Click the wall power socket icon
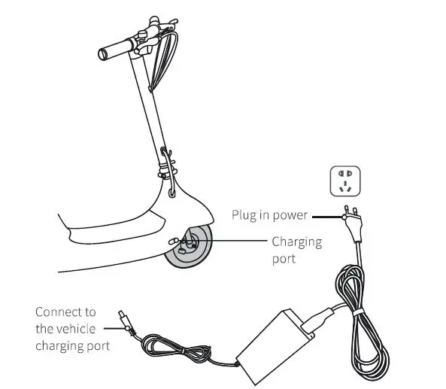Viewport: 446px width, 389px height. pos(345,181)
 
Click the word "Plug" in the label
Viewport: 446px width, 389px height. pos(244,215)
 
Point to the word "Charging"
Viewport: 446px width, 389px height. pos(297,242)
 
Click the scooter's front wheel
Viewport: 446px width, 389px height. pos(189,246)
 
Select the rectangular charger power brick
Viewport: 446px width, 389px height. pos(275,347)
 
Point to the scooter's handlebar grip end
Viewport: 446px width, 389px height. pos(102,54)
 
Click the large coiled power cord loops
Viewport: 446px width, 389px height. pos(363,321)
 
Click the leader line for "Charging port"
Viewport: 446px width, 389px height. pos(223,241)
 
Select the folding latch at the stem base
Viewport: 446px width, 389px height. pos(168,169)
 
